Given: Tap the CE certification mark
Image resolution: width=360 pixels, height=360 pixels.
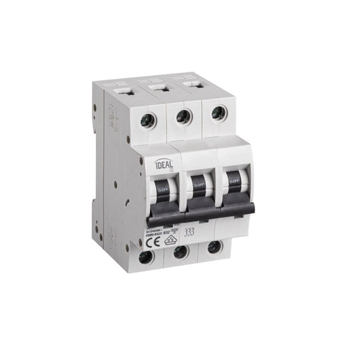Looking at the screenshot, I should (x=151, y=238).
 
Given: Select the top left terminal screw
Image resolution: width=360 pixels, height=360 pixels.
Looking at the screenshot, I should (x=144, y=121).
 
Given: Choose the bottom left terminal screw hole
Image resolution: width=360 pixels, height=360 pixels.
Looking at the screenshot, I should (x=145, y=257).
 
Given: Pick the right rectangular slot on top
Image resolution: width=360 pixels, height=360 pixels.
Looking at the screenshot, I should (x=194, y=84).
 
